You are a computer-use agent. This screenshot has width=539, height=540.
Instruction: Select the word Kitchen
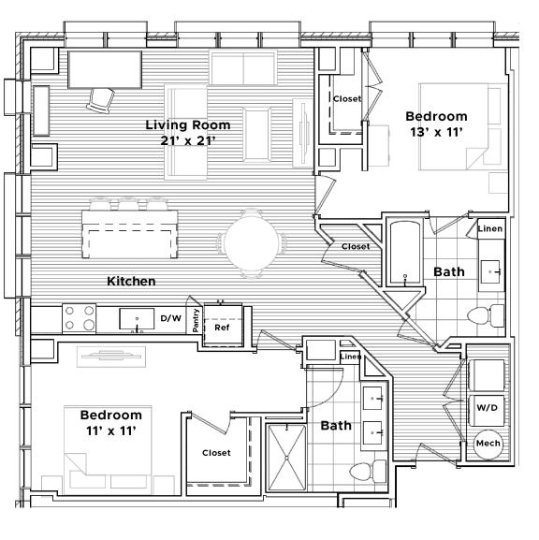131,281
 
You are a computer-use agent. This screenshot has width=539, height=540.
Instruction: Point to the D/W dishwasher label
171,319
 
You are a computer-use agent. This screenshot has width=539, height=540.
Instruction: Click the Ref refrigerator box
223,328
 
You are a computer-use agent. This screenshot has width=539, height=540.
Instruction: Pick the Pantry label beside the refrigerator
197,321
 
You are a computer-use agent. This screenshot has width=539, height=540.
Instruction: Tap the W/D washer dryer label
487,408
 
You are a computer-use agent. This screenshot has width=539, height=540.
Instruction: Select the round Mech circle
488,443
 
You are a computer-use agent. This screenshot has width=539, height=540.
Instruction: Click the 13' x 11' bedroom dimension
435,133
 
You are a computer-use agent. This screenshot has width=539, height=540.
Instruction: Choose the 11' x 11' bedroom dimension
110,431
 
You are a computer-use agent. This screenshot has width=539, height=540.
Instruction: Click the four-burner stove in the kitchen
80,318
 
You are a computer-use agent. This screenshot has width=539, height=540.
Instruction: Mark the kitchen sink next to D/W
138,319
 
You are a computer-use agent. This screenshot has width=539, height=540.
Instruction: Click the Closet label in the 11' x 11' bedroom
216,453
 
